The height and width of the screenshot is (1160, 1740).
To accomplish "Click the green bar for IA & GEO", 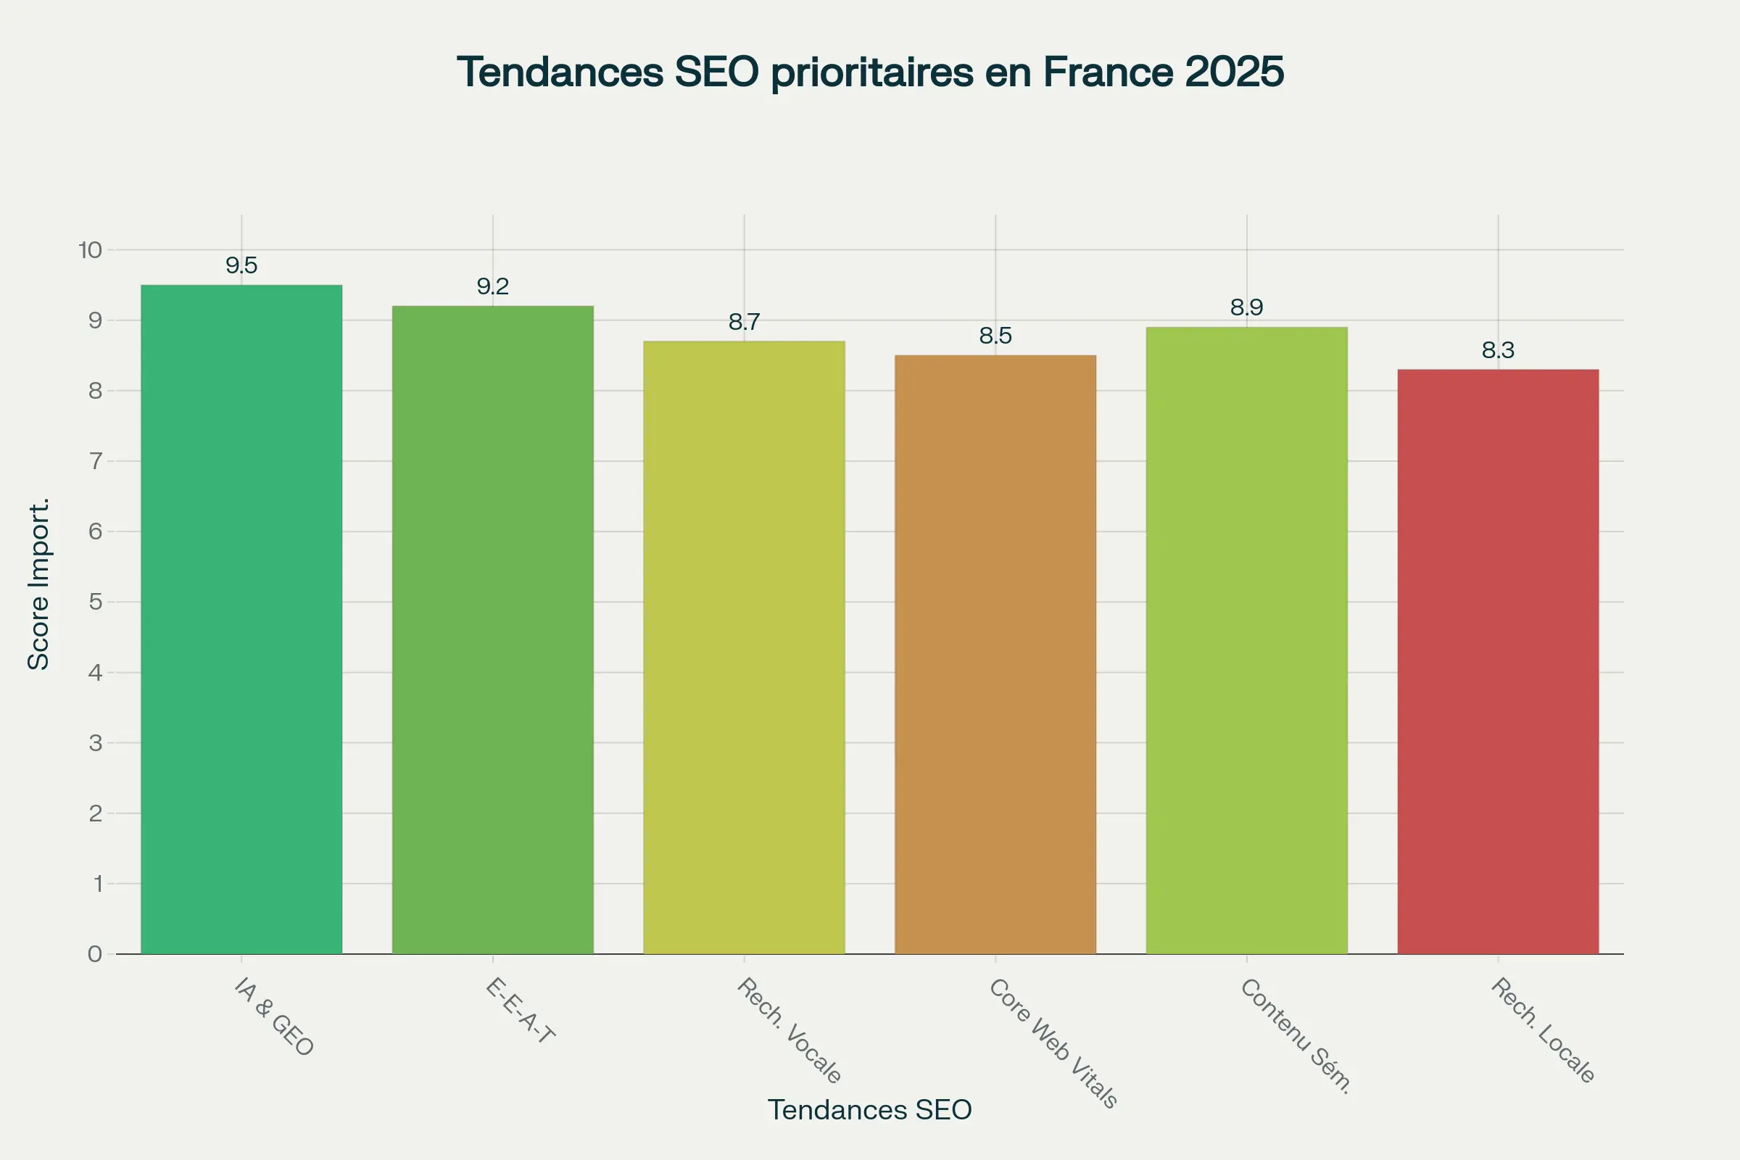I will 241,619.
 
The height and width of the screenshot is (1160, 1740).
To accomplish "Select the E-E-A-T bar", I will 493,629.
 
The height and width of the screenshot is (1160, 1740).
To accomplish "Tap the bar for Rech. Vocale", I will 745,647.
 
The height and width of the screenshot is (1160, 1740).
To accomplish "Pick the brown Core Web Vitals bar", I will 995,655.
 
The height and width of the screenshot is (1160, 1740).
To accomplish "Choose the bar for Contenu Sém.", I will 1246,641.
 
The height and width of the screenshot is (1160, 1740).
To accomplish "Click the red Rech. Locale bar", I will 1498,661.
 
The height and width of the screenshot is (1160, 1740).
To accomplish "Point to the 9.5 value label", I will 241,265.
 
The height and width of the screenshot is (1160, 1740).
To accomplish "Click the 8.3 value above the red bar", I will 1498,350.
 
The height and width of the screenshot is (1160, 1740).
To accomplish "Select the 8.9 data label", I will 1246,307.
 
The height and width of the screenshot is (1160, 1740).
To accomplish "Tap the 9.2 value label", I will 493,286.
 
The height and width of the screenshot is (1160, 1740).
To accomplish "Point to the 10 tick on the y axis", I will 90,250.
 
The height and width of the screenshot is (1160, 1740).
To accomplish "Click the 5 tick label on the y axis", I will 96,602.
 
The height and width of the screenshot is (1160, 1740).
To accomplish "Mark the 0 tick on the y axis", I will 95,953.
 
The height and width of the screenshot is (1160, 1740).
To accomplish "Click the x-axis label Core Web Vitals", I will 1052,1043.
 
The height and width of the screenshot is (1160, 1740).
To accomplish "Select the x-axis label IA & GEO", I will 274,1016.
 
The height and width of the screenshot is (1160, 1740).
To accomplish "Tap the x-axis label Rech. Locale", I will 1543,1029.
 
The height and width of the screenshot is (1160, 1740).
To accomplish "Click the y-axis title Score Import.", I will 38,584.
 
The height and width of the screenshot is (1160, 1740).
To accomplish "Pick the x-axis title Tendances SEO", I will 869,1110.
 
